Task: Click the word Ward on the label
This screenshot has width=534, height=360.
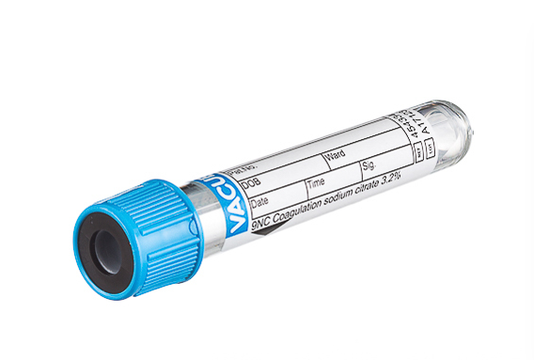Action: point(335,156)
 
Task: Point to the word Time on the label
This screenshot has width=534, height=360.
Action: point(317,182)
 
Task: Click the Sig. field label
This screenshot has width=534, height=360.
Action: point(369,166)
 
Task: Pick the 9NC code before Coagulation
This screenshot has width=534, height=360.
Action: point(255,218)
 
